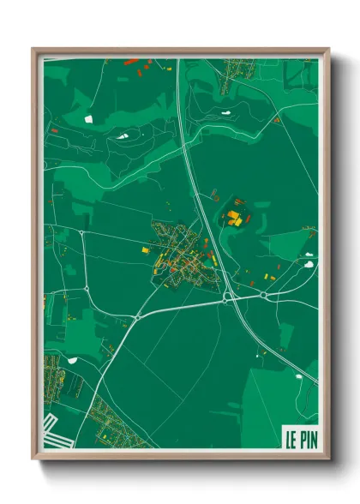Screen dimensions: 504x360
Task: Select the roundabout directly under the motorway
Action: click(x=227, y=298)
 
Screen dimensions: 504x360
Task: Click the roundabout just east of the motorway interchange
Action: click(x=263, y=295)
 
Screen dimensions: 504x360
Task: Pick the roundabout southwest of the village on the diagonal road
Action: click(x=137, y=317)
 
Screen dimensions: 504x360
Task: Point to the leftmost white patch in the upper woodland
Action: click(x=87, y=117)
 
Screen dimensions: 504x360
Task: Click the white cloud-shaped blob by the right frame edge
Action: click(x=309, y=264)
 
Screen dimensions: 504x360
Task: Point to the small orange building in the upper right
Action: click(x=277, y=120)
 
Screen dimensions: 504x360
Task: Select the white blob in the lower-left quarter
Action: click(x=72, y=359)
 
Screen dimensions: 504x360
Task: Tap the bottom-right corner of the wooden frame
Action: click(x=327, y=459)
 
